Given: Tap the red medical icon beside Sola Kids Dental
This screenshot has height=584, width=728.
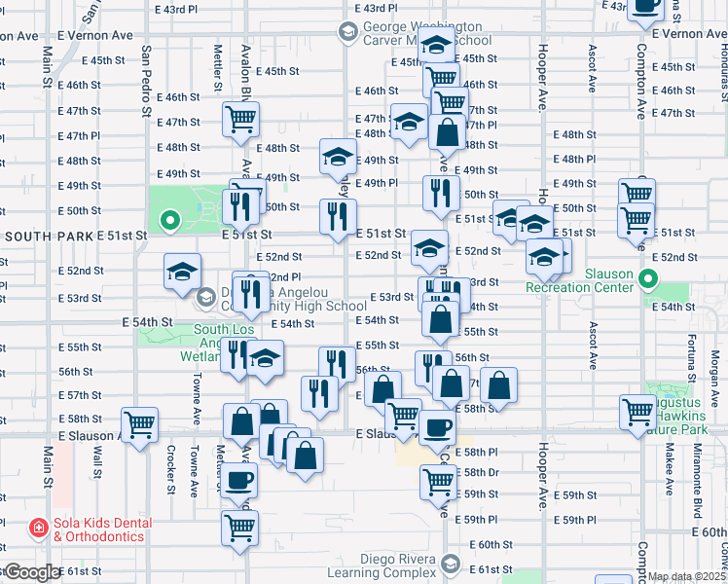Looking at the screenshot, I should tap(39, 529).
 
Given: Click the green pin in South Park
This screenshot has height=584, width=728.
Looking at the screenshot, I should tap(170, 222).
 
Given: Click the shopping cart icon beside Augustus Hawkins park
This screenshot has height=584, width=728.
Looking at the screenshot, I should tap(638, 413).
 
